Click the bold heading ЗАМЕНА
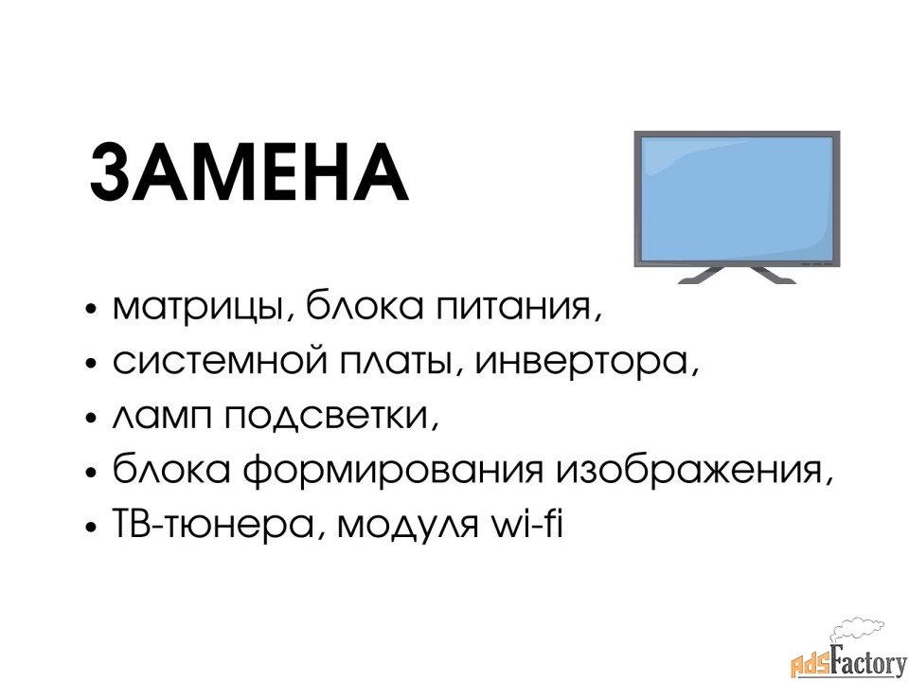[x=249, y=172]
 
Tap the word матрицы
[x=199, y=307]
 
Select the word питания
[x=512, y=306]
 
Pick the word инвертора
[x=581, y=364]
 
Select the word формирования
[x=392, y=471]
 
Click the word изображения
[x=689, y=471]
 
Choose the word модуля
[x=408, y=526]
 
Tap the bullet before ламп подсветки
[x=90, y=418]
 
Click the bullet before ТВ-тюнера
[x=90, y=527]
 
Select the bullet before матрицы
[x=90, y=309]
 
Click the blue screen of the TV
[x=737, y=199]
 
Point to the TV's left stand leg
[x=702, y=276]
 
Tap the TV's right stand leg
[x=773, y=276]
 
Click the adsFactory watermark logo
[x=849, y=655]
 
